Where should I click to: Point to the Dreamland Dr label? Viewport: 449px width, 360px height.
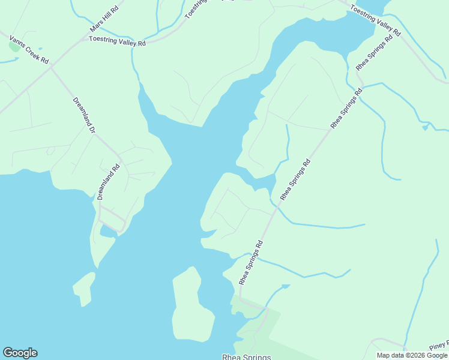pyautogui.click(x=84, y=115)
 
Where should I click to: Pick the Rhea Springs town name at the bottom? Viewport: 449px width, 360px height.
pyautogui.click(x=247, y=356)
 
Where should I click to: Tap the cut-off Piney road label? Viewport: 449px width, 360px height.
pyautogui.click(x=439, y=344)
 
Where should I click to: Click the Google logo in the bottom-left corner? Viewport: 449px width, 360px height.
pyautogui.click(x=20, y=353)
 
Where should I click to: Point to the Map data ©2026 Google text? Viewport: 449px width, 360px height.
pyautogui.click(x=412, y=355)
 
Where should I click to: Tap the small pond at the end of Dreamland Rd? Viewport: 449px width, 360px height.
pyautogui.click(x=109, y=230)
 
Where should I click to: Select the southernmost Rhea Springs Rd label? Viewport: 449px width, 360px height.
pyautogui.click(x=252, y=262)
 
